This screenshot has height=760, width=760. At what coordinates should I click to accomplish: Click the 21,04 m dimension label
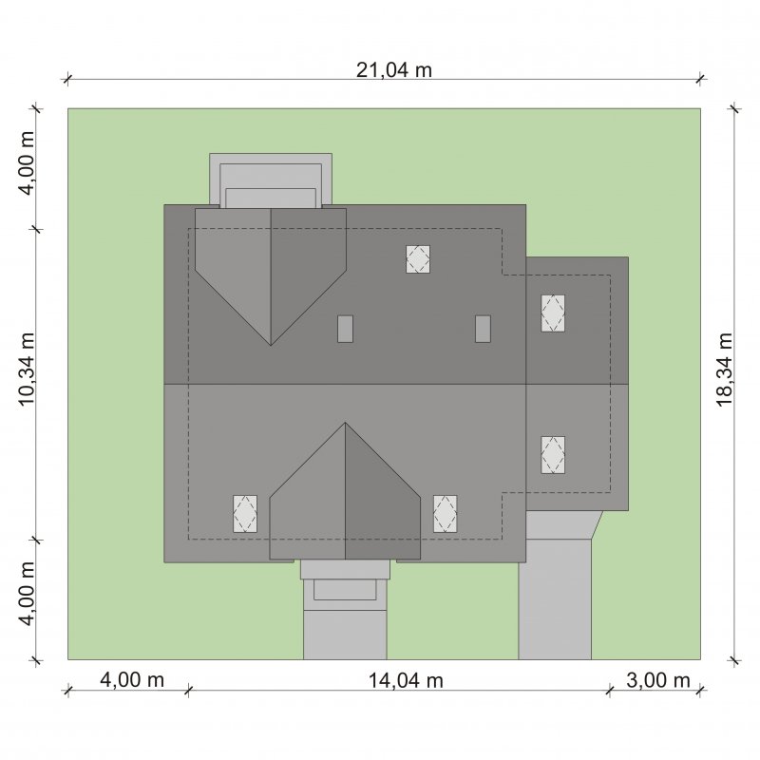(x=393, y=70)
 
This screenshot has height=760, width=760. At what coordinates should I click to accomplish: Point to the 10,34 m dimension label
(x=26, y=370)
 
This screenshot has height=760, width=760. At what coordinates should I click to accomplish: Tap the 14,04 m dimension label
(x=406, y=680)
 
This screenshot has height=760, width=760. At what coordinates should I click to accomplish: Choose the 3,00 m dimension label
(x=657, y=680)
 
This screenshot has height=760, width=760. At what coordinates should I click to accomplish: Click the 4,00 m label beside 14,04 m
(x=132, y=680)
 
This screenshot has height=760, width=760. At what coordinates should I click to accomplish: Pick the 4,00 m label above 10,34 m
(x=26, y=162)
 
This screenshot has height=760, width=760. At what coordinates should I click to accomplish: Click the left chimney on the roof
(x=345, y=329)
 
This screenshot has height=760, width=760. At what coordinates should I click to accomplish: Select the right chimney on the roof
(x=483, y=329)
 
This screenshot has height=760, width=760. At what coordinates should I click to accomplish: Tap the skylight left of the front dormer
(x=245, y=514)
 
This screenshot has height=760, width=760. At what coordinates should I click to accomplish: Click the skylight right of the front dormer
(x=445, y=514)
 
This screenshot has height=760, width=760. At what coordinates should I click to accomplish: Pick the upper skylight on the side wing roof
(x=553, y=313)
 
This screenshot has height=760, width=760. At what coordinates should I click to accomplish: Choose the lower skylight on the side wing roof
(x=553, y=455)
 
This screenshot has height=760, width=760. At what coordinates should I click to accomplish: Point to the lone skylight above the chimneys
(x=418, y=258)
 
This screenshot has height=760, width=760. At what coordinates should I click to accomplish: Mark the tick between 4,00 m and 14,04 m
(x=188, y=691)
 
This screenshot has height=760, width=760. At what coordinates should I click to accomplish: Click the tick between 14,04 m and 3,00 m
(x=610, y=691)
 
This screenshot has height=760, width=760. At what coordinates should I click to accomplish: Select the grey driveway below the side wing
(x=556, y=597)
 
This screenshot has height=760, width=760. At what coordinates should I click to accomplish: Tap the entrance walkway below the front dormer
(x=345, y=610)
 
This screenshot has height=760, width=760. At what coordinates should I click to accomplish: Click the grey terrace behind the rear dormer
(x=271, y=180)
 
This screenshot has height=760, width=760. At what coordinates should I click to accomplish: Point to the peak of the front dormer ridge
(x=345, y=423)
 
